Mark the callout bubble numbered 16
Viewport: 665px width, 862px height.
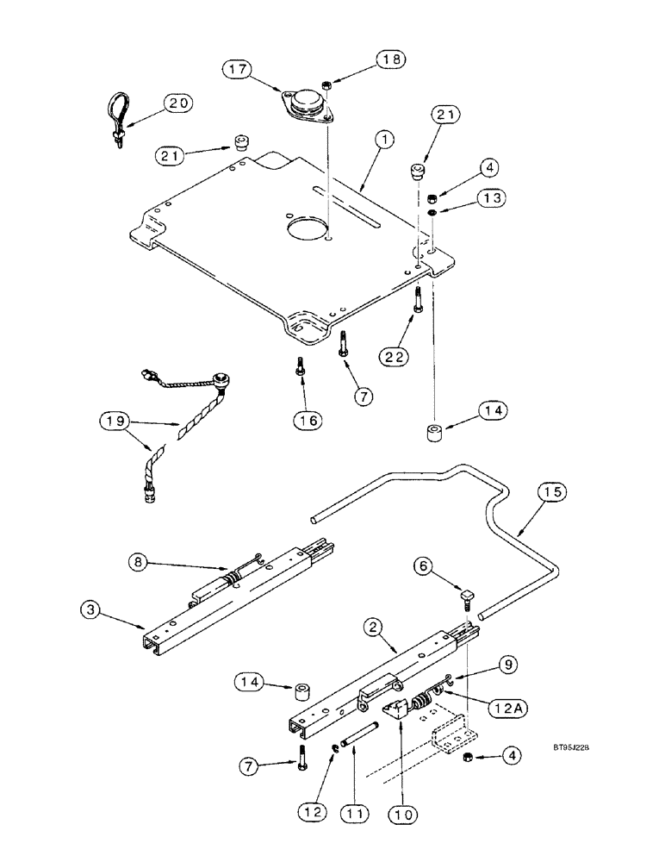point(308,420)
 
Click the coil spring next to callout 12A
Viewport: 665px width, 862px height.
point(422,702)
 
